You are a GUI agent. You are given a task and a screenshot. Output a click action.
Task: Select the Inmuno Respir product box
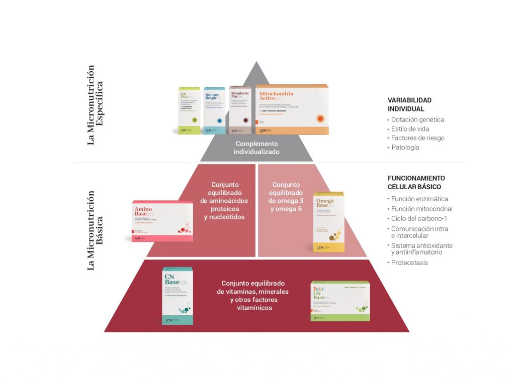(214, 111)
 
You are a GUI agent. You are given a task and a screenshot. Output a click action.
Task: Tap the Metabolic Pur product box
(240, 110)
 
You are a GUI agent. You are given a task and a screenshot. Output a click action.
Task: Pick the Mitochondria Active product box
(292, 110)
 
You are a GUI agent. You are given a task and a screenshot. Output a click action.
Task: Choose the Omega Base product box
(329, 222)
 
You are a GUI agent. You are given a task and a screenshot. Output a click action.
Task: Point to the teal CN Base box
(177, 296)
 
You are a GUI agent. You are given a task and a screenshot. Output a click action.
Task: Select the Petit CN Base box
(340, 301)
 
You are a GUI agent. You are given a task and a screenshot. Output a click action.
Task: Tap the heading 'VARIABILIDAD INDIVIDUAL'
(409, 104)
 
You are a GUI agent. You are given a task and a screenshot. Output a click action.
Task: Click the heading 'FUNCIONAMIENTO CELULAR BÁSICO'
(416, 182)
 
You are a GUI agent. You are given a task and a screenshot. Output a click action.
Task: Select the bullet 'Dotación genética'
(417, 119)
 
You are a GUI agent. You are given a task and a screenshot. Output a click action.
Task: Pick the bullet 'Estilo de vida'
(410, 129)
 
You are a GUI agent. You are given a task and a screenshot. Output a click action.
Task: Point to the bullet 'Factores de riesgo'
(417, 138)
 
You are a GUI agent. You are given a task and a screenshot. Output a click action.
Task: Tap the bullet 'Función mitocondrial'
(421, 209)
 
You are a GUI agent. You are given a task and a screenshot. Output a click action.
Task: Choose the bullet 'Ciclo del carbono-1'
(419, 218)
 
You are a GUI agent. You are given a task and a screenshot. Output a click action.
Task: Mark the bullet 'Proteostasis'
(409, 263)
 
